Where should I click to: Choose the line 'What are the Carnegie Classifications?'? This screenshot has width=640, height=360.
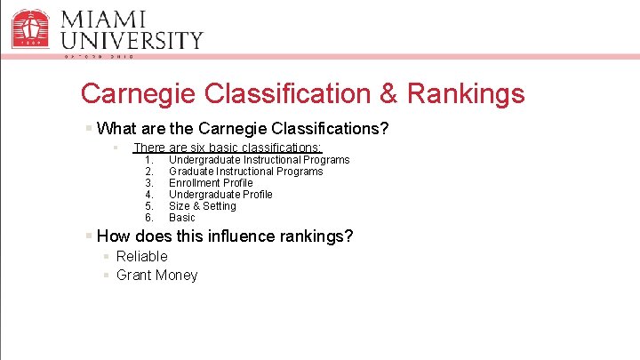(x=243, y=129)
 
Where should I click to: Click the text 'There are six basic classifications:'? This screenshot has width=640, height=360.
(x=228, y=148)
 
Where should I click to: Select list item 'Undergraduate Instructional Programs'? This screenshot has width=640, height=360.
(x=259, y=160)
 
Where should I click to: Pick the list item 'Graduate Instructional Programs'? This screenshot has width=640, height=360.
(x=245, y=172)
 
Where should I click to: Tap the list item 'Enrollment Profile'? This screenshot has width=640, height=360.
(x=211, y=183)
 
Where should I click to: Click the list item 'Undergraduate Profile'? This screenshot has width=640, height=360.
(x=220, y=195)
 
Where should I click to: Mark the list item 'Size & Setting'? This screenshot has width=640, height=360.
(x=203, y=206)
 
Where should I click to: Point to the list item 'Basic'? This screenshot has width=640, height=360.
(x=181, y=218)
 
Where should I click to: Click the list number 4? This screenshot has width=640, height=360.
(x=149, y=195)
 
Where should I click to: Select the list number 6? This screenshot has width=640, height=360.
(x=149, y=218)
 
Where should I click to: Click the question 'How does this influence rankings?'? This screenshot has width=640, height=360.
(x=225, y=236)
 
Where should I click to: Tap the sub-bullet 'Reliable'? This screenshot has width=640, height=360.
(x=141, y=256)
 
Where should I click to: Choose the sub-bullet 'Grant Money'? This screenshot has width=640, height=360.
(x=156, y=275)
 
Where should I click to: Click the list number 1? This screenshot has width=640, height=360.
(x=149, y=160)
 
